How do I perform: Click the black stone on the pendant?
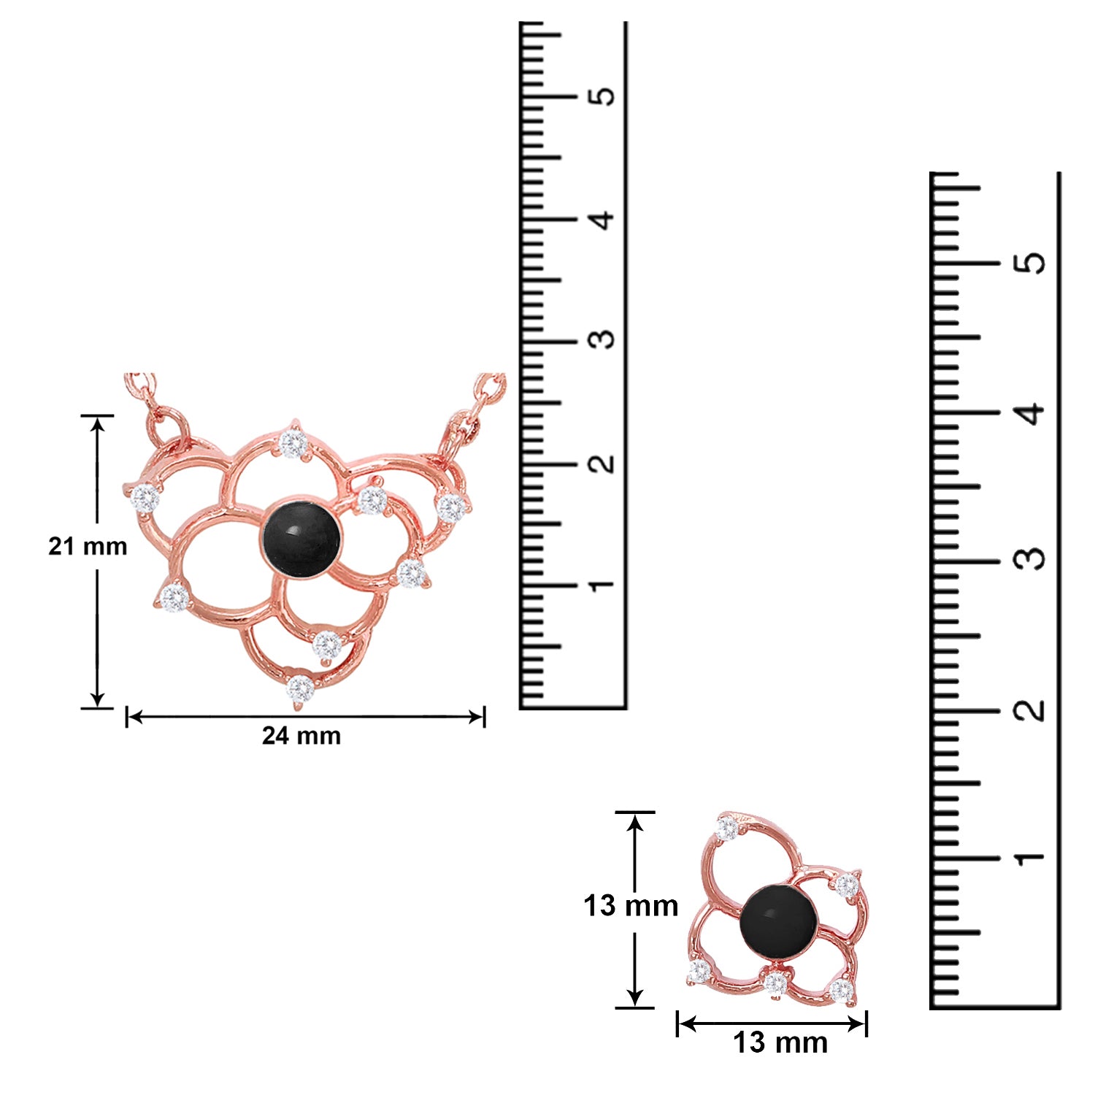tap(300, 538)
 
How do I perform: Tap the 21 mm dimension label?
tap(88, 546)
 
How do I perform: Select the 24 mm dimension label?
tap(301, 736)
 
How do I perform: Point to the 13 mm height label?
tap(631, 906)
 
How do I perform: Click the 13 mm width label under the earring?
tap(780, 1042)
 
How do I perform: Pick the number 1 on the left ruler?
tap(603, 585)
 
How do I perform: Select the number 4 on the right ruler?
tap(1031, 413)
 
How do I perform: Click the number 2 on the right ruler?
tap(1031, 710)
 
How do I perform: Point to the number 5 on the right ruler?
tap(1031, 264)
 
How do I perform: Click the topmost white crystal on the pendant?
tap(293, 442)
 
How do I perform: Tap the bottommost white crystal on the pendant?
tap(300, 688)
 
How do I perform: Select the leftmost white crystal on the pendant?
tap(145, 498)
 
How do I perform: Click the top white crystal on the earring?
tap(727, 829)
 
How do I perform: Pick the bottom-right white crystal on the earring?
tap(842, 991)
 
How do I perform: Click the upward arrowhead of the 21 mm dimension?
tap(97, 425)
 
